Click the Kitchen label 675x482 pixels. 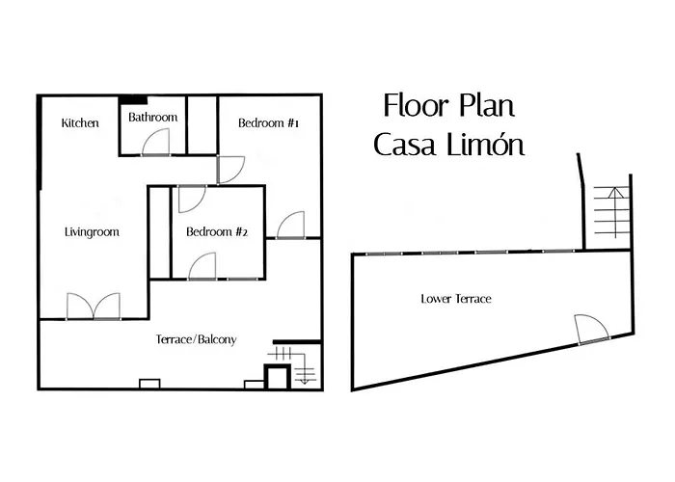80,123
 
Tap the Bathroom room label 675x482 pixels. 153,118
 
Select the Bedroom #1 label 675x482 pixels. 269,123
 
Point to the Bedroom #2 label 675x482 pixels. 218,232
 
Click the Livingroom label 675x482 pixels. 92,232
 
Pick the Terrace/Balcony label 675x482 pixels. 197,340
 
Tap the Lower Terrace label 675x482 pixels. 456,299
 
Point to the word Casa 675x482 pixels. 406,147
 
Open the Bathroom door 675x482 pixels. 156,142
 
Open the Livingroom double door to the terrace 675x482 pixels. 94,307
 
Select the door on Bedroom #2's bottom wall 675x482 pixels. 202,266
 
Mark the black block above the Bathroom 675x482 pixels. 133,99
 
